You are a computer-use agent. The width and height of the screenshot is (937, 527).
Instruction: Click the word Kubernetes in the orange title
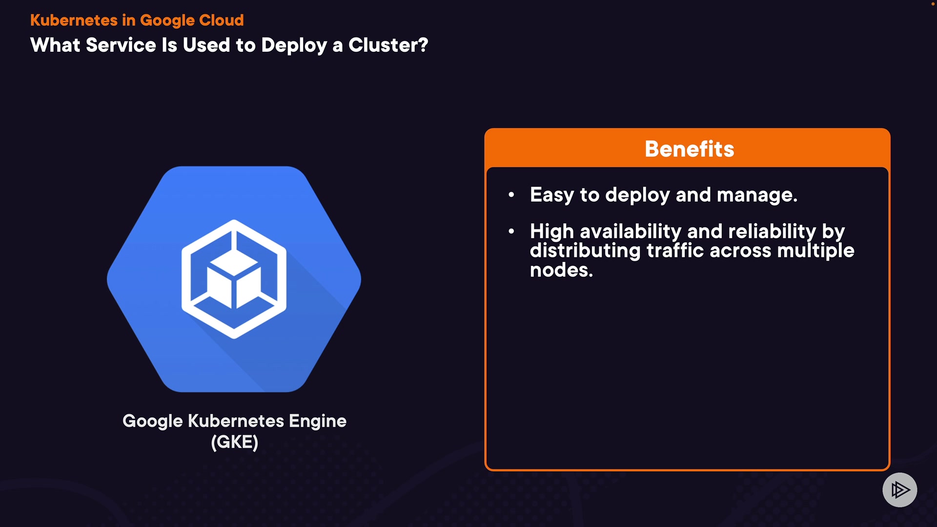pos(74,20)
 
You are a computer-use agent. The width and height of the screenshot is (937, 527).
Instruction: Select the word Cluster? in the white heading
pos(388,45)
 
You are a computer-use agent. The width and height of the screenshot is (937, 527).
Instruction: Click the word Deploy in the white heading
pos(294,45)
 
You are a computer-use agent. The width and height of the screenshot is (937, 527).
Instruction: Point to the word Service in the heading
pos(121,45)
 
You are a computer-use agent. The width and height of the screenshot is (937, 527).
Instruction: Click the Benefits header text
pos(689,149)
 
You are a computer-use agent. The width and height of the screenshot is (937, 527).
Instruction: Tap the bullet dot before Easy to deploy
pos(511,195)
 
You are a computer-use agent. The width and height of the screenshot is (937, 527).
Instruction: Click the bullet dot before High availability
pos(511,231)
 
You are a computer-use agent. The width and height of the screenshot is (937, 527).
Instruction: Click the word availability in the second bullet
pos(630,231)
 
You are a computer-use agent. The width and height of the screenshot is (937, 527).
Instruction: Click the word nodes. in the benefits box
pos(561,270)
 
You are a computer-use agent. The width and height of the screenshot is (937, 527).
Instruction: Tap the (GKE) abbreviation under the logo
pos(234,442)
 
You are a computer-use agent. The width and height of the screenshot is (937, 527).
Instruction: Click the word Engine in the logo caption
pos(317,421)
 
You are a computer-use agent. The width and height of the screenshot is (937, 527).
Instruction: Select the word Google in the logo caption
pos(152,421)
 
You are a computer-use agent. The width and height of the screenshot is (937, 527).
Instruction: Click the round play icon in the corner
pos(899,489)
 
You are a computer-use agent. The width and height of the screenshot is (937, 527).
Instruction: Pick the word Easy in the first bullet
pos(551,195)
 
